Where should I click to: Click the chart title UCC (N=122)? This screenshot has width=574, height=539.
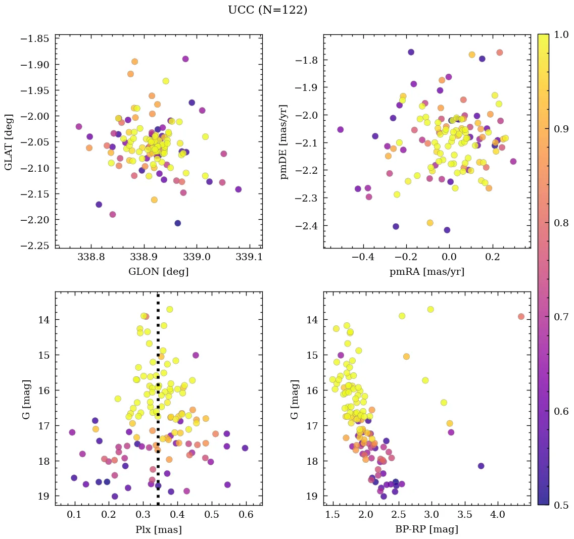pos(267,10)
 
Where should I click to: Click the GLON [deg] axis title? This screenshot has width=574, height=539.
pos(158,272)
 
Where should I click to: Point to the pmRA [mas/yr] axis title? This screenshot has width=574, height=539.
pos(426,272)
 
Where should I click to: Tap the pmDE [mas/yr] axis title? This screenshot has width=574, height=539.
pos(284,141)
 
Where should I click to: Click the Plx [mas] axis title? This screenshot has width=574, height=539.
pos(158,529)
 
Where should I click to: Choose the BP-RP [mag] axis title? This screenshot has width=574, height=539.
pos(426,529)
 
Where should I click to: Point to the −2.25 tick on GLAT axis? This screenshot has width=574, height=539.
pos(34,245)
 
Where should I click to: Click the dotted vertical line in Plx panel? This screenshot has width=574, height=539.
pos(158,404)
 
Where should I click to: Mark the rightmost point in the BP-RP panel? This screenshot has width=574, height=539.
pos(521,316)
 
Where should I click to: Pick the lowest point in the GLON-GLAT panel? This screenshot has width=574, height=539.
pos(177,223)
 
